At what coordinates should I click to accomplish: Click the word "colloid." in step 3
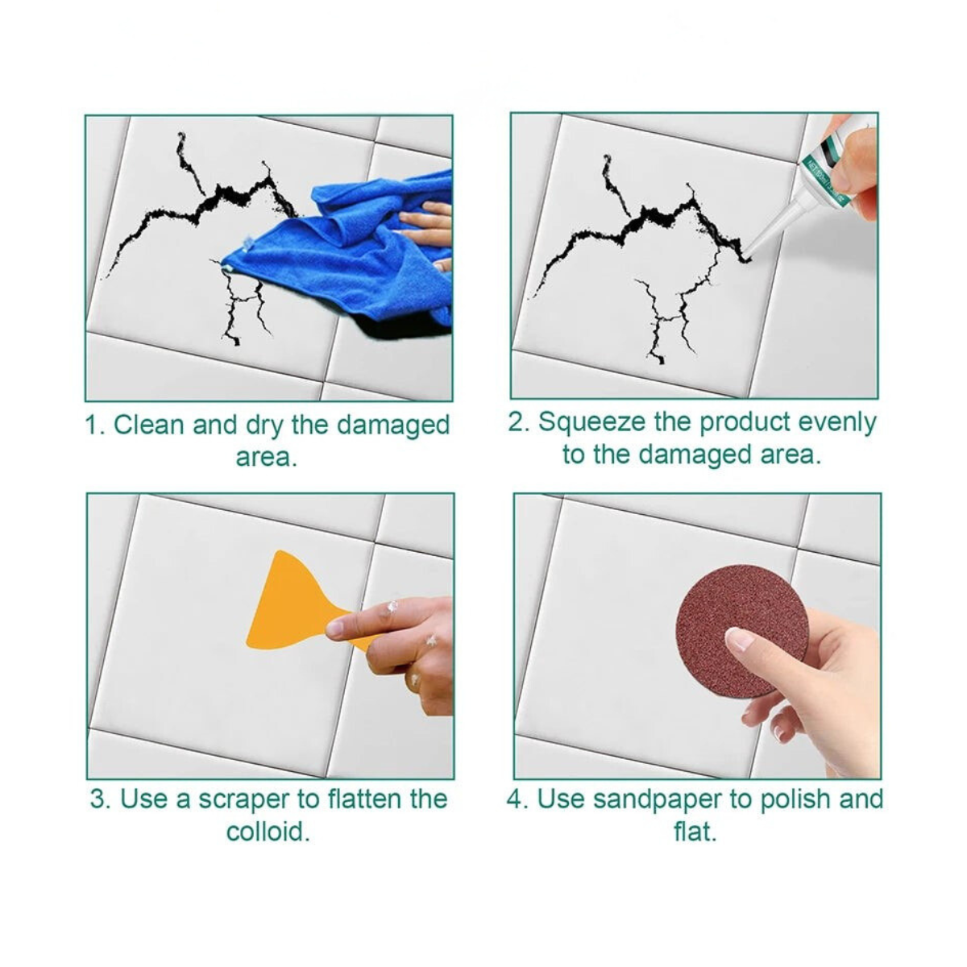pos(268,832)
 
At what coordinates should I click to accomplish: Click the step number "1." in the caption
pos(95,425)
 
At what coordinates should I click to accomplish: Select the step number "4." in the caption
pos(517,799)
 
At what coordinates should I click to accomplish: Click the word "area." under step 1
pos(267,458)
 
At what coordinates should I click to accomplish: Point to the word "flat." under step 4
pos(695,832)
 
